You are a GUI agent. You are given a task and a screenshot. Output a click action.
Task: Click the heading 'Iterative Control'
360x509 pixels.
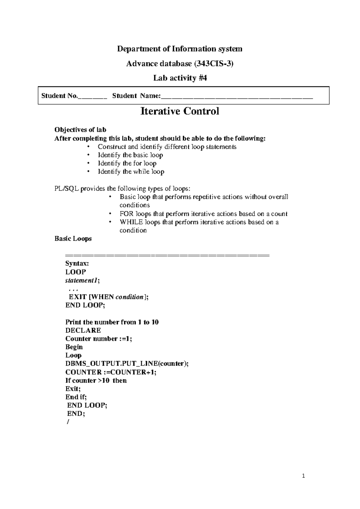(180, 111)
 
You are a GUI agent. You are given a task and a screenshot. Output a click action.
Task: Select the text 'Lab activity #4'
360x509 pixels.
(180, 78)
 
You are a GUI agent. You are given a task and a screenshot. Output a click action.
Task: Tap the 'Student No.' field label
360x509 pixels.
(59, 96)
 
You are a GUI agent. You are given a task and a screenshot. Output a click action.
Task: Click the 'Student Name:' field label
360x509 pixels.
(136, 96)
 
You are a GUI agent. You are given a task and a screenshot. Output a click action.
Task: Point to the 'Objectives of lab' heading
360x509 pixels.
(80, 130)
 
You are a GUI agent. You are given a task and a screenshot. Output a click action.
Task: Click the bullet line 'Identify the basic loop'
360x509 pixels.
(130, 155)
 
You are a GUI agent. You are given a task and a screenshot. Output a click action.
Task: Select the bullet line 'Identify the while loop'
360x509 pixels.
(131, 172)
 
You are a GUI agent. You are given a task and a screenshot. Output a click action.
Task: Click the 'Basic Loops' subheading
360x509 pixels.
(73, 239)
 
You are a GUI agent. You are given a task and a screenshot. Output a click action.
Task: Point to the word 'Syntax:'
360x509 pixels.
(77, 264)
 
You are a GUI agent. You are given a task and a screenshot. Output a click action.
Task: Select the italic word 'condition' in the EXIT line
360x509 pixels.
(129, 297)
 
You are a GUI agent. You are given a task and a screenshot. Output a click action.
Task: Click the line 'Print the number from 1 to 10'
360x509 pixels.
(112, 322)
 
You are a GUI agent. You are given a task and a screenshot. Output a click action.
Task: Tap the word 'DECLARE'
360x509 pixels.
(83, 330)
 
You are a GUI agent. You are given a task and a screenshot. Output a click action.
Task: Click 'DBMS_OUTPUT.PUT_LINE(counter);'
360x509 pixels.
(127, 364)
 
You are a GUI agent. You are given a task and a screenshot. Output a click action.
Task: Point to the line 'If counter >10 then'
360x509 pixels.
(96, 381)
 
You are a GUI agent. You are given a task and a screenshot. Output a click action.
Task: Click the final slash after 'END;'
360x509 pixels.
(68, 422)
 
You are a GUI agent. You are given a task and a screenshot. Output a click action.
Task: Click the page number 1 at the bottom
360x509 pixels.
(304, 476)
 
